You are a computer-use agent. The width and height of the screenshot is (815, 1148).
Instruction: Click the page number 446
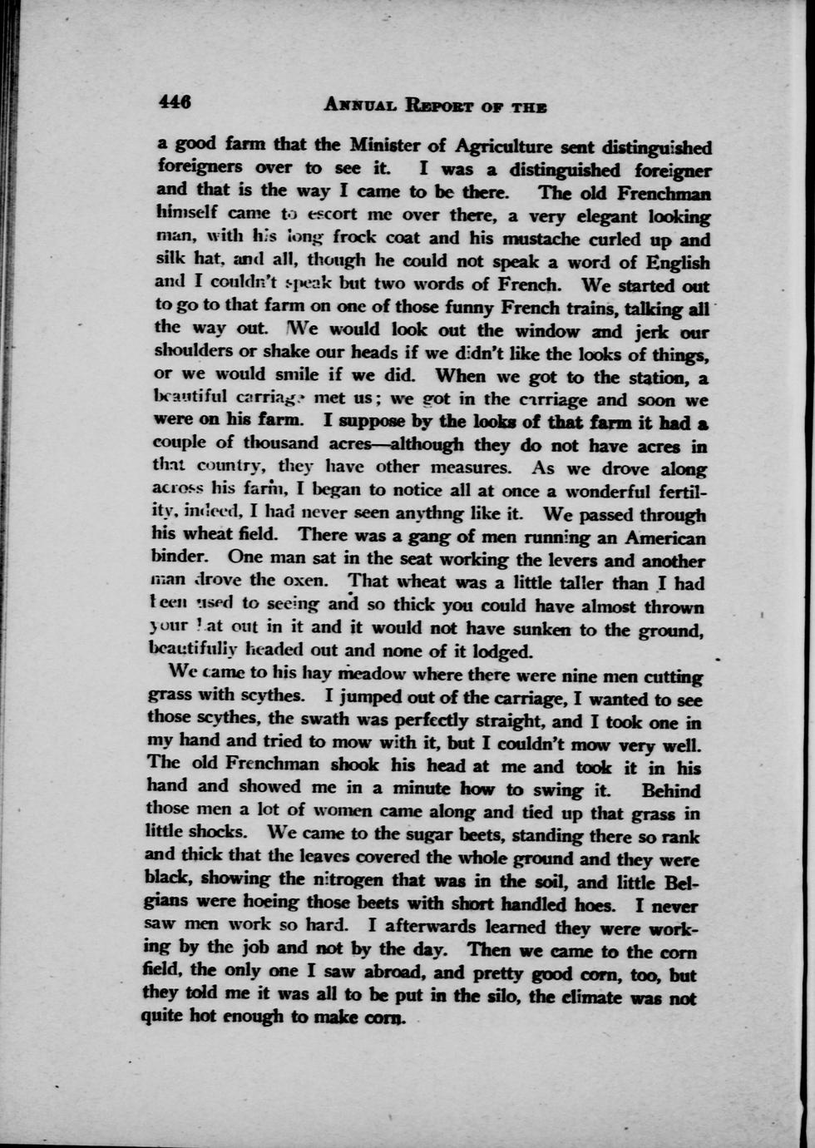tap(175, 102)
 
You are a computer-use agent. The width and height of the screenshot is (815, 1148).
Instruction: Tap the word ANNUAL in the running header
tap(358, 106)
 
